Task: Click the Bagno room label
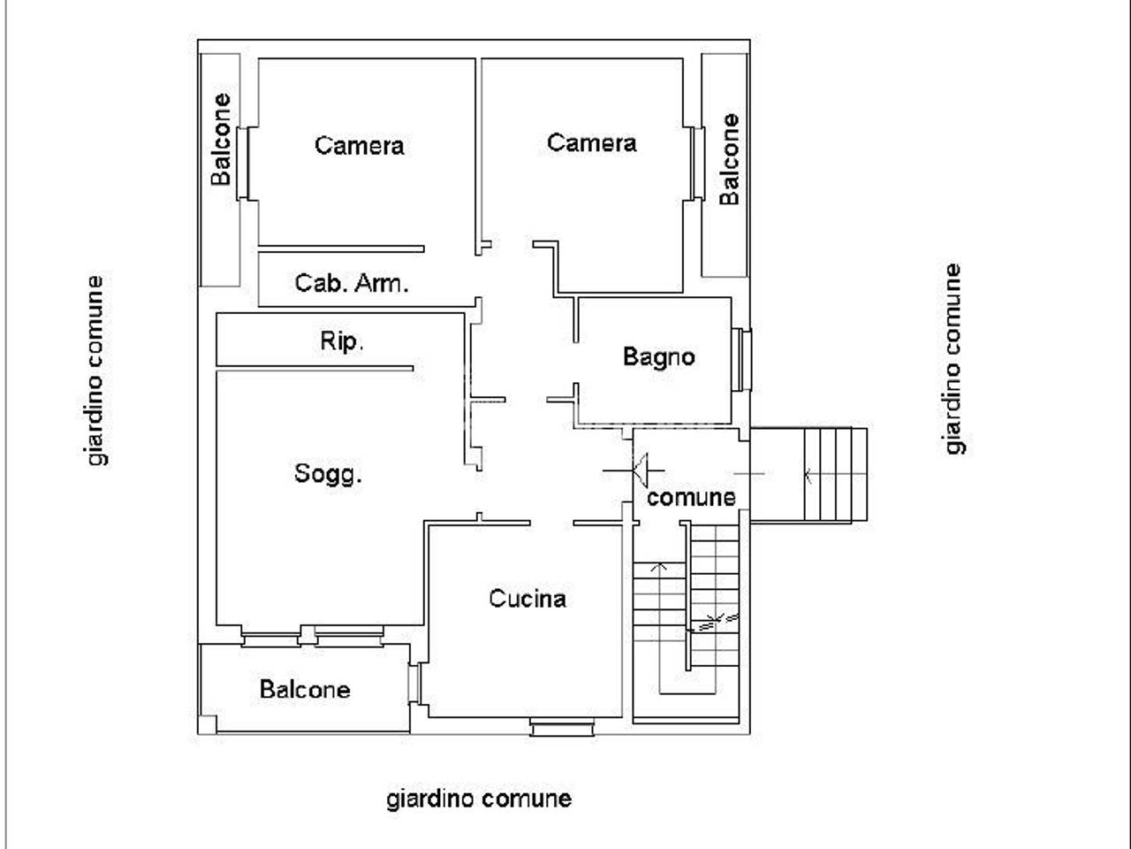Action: coord(658,356)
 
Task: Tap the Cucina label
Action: coord(528,599)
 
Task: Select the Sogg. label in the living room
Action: coord(328,474)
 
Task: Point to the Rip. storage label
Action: coord(342,340)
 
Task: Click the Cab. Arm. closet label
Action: coord(352,283)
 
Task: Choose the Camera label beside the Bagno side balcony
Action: coord(591,142)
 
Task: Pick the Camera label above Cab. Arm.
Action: coord(359,145)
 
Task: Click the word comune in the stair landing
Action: coord(691,498)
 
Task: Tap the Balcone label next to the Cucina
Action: coord(305,690)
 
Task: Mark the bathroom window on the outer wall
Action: coord(741,359)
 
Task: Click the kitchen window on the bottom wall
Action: coord(562,727)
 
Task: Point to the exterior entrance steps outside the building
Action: coord(835,475)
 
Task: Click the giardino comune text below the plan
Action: coord(479,799)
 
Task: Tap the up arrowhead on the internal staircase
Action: coord(659,567)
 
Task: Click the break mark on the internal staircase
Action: coord(717,622)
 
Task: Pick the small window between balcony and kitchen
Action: coord(414,683)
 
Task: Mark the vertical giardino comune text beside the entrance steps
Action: coord(953,359)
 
